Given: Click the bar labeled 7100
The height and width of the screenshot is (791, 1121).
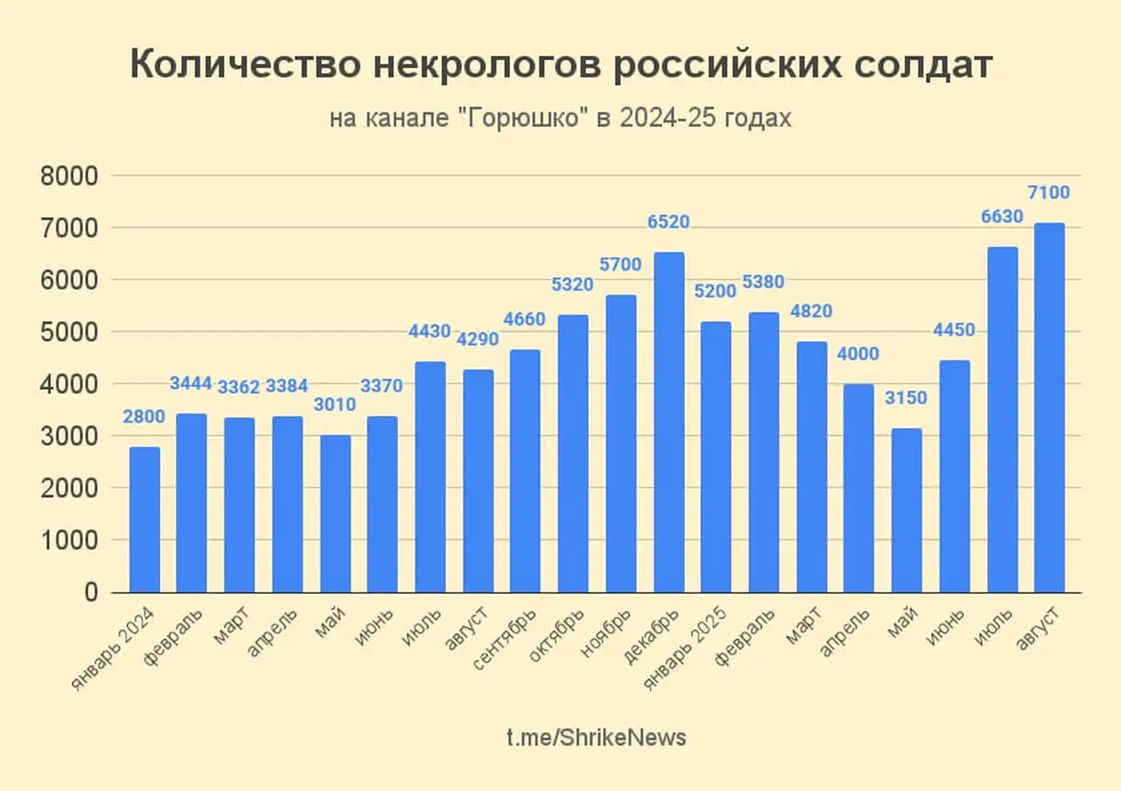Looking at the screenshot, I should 1049,408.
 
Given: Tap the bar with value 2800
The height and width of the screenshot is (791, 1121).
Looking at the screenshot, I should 144,520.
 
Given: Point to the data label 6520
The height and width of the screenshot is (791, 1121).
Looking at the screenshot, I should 669,222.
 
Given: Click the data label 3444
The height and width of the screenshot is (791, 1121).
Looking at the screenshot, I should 191,383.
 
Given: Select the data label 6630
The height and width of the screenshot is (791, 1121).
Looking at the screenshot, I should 1002,216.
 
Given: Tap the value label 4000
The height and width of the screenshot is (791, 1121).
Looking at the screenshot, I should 858,354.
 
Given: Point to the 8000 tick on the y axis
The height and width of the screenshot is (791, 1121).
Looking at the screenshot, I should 69,176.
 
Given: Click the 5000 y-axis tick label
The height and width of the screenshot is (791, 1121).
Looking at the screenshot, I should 69,332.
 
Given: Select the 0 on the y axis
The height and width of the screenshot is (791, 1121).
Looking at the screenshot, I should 90,592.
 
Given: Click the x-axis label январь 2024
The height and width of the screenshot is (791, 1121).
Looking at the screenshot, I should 114,649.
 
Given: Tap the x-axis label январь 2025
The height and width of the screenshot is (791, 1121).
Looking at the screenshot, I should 686,649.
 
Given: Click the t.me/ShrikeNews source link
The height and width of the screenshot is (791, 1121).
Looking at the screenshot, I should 597,737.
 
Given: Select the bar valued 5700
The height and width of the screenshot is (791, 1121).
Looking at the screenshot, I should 621,444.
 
